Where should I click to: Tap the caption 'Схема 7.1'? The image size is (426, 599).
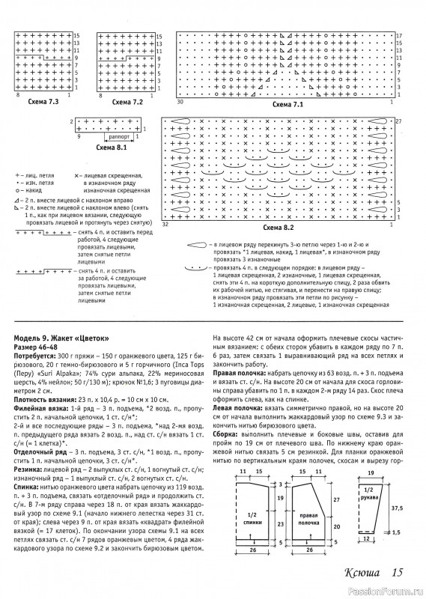pyautogui.click(x=288, y=106)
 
